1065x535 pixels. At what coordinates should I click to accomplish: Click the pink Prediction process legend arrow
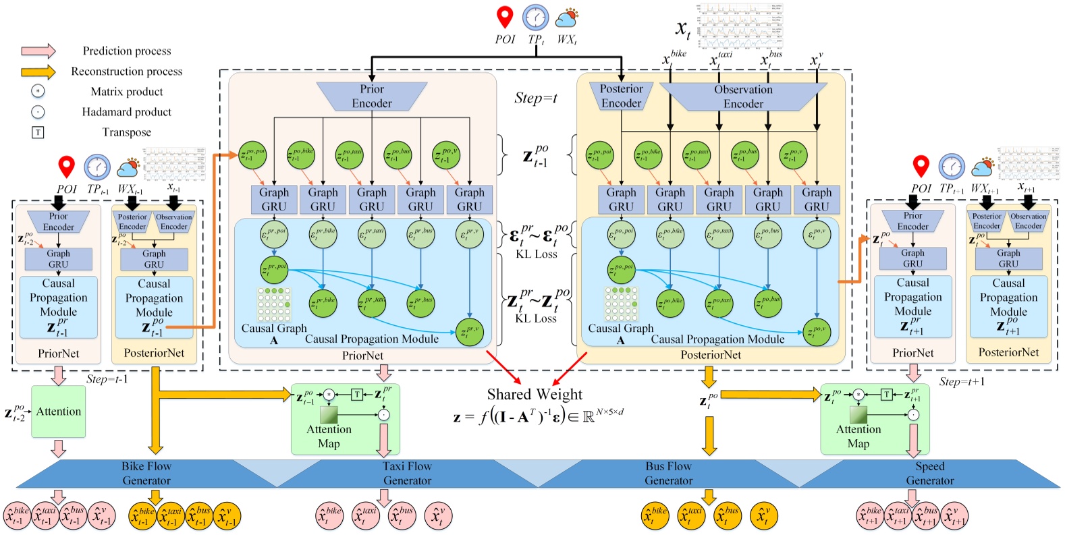pyautogui.click(x=38, y=51)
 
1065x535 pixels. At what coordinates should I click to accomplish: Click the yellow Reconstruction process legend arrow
pyautogui.click(x=38, y=72)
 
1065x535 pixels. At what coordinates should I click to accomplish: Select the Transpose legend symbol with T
pyautogui.click(x=38, y=132)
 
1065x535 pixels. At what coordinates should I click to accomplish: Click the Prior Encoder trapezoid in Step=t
pyautogui.click(x=372, y=96)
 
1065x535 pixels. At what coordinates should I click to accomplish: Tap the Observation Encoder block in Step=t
pyautogui.click(x=743, y=96)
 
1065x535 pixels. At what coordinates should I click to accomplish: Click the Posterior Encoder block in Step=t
pyautogui.click(x=621, y=96)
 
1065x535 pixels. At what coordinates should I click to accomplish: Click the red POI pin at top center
pyautogui.click(x=505, y=18)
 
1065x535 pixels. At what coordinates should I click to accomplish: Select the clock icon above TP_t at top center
pyautogui.click(x=536, y=18)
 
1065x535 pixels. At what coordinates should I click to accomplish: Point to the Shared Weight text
pyautogui.click(x=535, y=395)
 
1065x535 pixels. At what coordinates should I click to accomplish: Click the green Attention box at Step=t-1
pyautogui.click(x=59, y=412)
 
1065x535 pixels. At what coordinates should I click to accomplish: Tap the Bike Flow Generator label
pyautogui.click(x=146, y=473)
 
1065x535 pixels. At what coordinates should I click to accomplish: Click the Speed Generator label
pyautogui.click(x=929, y=473)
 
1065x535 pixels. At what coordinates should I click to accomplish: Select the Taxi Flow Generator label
pyautogui.click(x=407, y=473)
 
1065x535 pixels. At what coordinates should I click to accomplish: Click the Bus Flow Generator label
pyautogui.click(x=668, y=473)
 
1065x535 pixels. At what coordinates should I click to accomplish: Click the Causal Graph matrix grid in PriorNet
pyautogui.click(x=274, y=305)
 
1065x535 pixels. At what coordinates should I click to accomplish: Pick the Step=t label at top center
pyautogui.click(x=536, y=98)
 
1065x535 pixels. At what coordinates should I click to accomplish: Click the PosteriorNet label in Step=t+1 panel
pyautogui.click(x=1008, y=352)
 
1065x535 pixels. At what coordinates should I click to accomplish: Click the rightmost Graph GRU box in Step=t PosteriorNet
pyautogui.click(x=817, y=200)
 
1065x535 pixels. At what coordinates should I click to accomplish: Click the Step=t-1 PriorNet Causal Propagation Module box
pyautogui.click(x=59, y=307)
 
